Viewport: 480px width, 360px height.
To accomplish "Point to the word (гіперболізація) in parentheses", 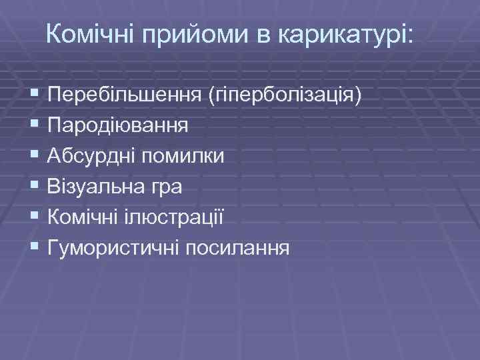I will [x=286, y=95].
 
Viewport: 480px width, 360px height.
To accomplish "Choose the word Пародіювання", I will [x=117, y=125].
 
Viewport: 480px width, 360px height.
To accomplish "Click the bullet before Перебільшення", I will [x=35, y=95].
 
